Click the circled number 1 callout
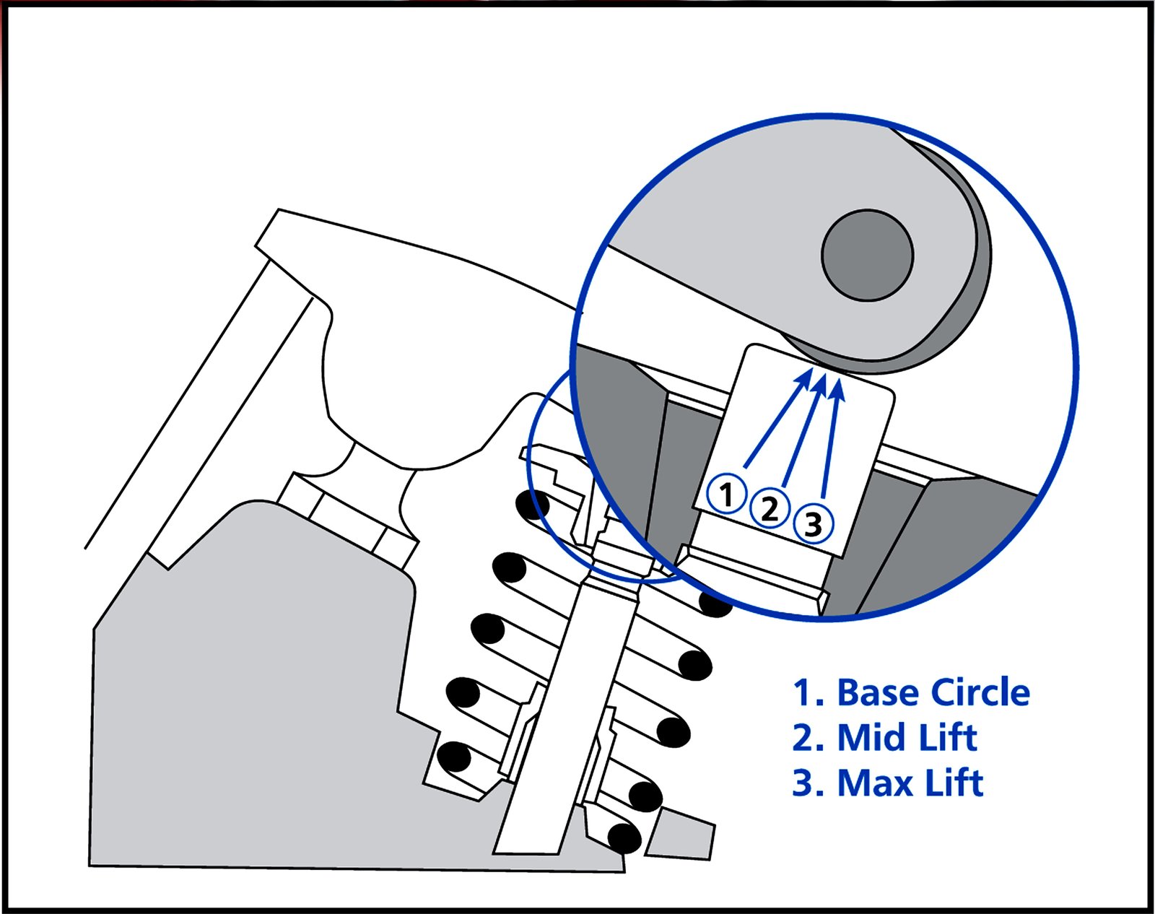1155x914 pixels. [726, 495]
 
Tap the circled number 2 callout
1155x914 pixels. [770, 509]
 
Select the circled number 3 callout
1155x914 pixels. [814, 523]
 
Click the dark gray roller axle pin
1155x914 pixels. [867, 255]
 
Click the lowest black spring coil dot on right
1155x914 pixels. [625, 837]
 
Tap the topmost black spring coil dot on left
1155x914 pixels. [533, 505]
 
